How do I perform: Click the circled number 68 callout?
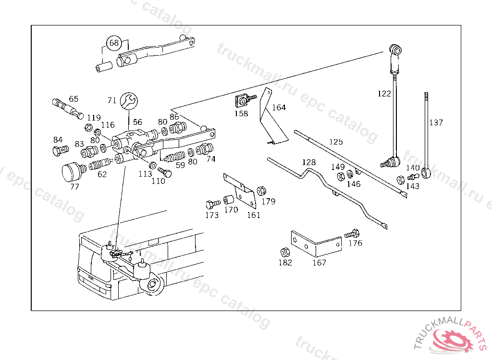[114, 43]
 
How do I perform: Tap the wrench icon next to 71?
[129, 100]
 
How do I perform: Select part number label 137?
[436, 122]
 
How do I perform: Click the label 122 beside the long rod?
[384, 94]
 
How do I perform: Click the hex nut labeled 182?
[284, 252]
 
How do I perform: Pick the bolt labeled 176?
[352, 234]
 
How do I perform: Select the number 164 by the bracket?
[279, 107]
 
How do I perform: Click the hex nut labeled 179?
[262, 191]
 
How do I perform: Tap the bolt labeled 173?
[211, 204]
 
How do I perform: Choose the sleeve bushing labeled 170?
[230, 199]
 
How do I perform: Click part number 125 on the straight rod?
[336, 142]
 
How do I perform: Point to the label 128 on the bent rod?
[309, 162]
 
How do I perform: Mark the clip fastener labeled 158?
[242, 102]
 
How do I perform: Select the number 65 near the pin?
[74, 99]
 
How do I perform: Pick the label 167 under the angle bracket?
[319, 263]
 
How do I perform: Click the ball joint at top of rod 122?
[394, 49]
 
